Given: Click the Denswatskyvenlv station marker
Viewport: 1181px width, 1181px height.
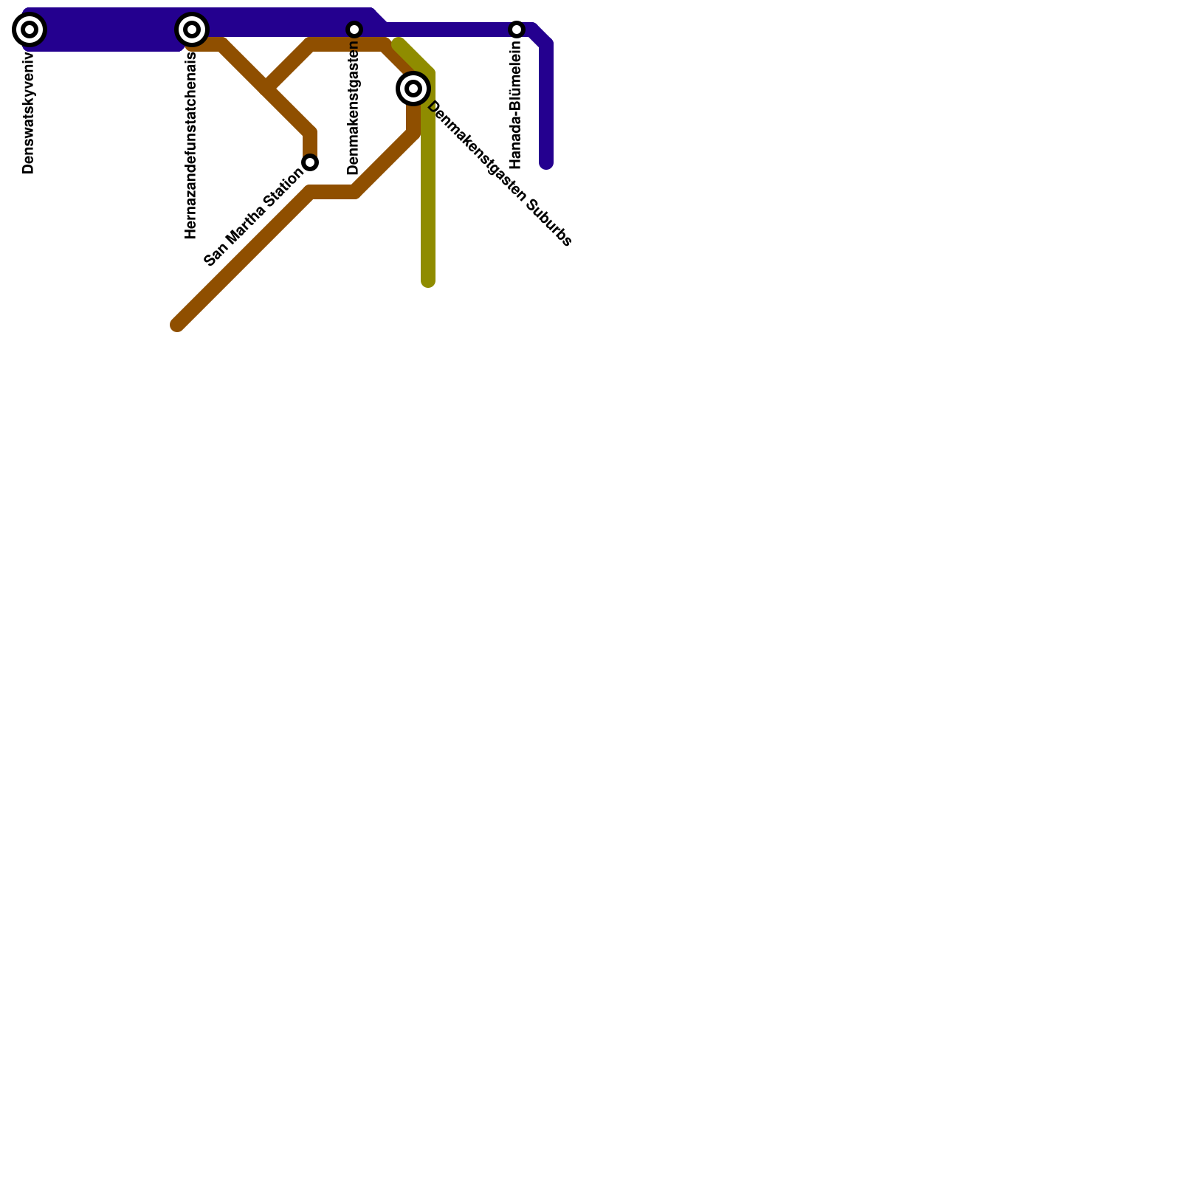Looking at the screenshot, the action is point(30,30).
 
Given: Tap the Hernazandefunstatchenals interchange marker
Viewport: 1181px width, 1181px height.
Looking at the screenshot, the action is point(192,30).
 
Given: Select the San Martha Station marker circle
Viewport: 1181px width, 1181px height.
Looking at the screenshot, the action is point(311,162).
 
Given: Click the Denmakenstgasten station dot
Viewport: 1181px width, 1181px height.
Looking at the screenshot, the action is point(354,30).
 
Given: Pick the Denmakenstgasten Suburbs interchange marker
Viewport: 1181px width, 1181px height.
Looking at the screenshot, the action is point(413,89).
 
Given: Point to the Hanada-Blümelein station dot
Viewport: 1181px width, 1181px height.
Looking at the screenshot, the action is point(517,30).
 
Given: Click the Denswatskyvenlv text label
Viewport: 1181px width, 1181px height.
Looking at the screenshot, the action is point(29,111).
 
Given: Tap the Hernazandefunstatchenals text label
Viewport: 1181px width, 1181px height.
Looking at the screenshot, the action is point(191,145).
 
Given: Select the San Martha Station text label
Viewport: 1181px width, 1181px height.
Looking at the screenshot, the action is point(253,218).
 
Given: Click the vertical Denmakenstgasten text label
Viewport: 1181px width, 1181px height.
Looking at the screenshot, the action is point(354,108).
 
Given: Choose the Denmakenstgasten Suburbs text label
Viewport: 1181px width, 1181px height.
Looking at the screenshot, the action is point(499,173).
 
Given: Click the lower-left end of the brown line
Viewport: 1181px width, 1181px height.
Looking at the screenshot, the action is point(178,325).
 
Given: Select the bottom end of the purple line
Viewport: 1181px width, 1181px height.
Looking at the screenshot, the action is point(546,163).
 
